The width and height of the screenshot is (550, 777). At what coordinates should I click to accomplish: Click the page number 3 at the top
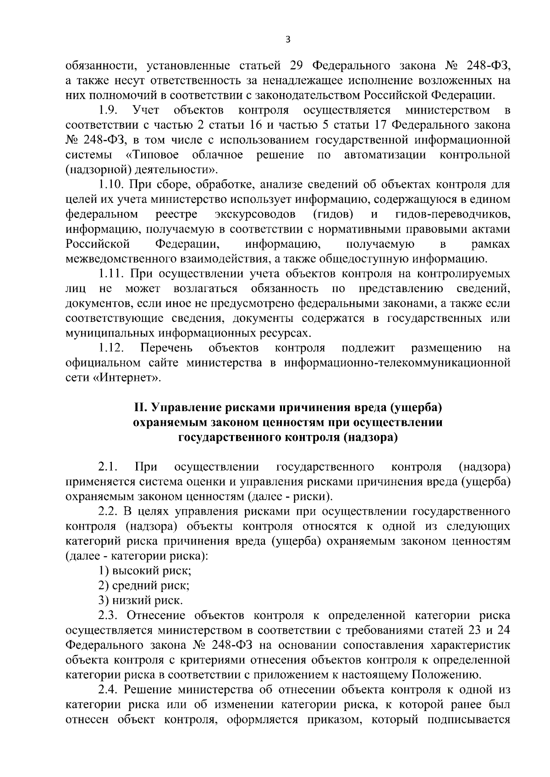point(287,40)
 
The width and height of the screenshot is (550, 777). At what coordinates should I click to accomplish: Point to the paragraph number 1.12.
point(111,348)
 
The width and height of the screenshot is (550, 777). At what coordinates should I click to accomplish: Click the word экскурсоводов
point(255,214)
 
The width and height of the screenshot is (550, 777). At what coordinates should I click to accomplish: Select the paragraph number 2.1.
point(108,467)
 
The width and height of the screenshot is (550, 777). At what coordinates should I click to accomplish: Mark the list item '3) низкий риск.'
point(141,600)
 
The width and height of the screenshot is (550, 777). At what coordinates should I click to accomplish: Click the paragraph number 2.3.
point(108,615)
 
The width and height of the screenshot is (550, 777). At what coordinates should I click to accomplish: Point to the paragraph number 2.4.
point(108,690)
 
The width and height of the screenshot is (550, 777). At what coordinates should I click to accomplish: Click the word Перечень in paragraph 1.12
point(166,348)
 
